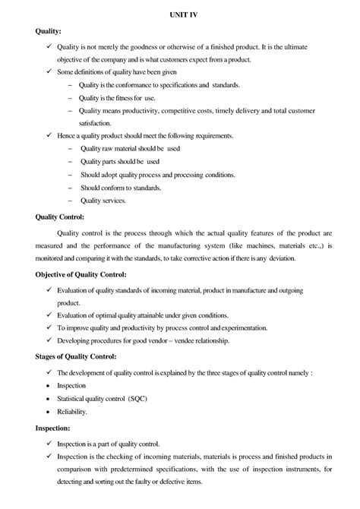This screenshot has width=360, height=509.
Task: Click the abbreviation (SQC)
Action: pyautogui.click(x=139, y=398)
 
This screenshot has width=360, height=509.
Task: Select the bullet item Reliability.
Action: pyautogui.click(x=72, y=411)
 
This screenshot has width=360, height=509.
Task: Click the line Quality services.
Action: pyautogui.click(x=103, y=201)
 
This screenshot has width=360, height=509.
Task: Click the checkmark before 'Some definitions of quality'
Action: pyautogui.click(x=49, y=71)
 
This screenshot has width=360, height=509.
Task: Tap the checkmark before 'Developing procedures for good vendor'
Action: pyautogui.click(x=49, y=341)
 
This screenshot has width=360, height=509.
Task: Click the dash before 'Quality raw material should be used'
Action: pyautogui.click(x=71, y=148)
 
